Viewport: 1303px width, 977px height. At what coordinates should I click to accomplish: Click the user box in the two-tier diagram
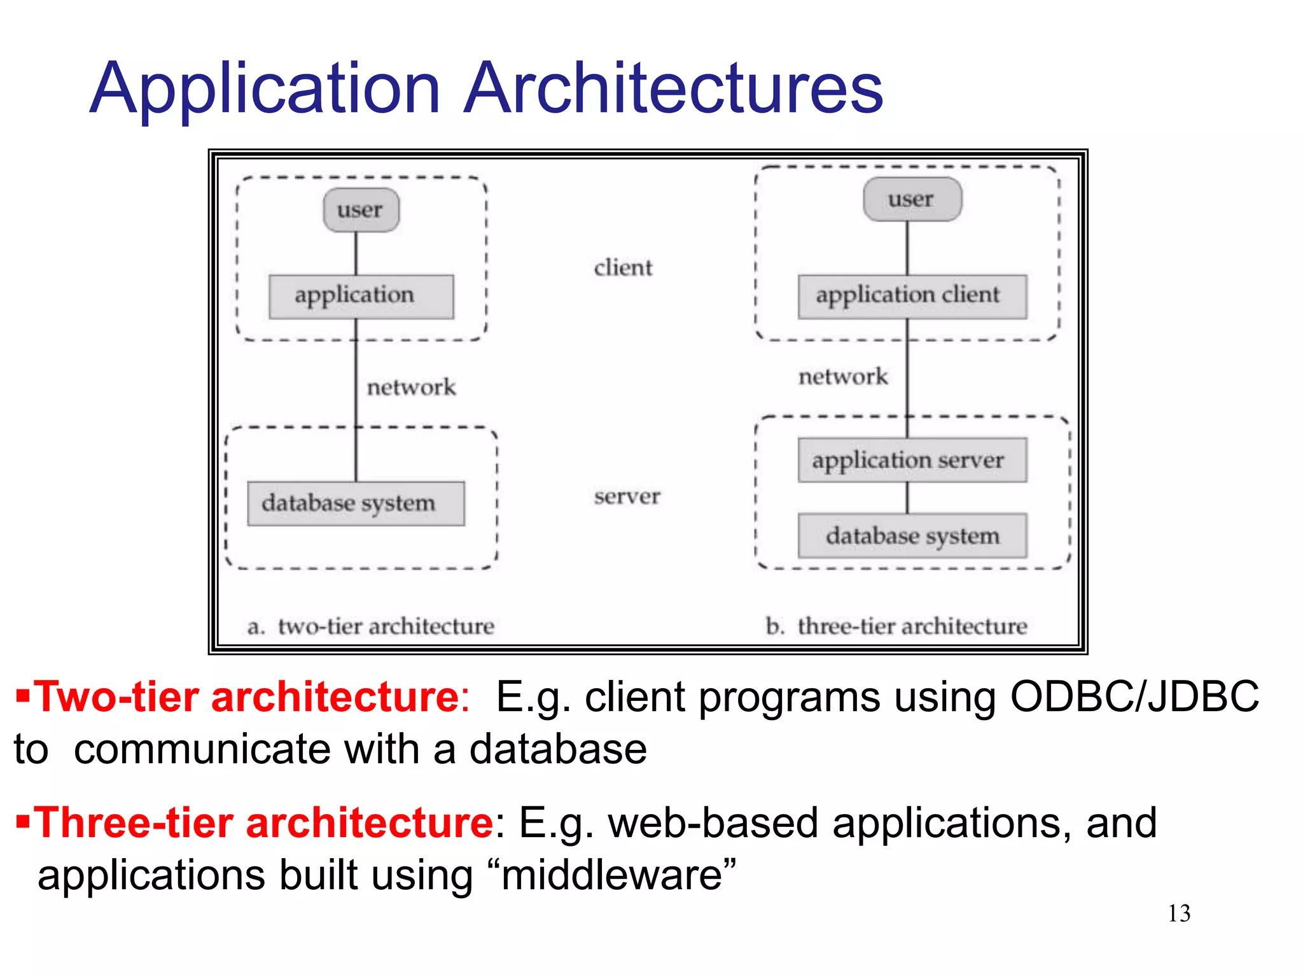click(x=361, y=210)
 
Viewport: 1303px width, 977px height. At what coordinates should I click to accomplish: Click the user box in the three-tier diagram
click(x=912, y=199)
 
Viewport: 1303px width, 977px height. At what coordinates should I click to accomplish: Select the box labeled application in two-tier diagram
click(x=361, y=296)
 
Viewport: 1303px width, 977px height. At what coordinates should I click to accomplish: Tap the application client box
click(x=912, y=296)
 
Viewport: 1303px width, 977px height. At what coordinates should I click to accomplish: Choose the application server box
click(x=912, y=460)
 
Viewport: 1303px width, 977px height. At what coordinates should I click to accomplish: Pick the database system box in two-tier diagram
click(x=356, y=503)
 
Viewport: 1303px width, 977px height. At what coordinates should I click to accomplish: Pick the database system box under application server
click(x=912, y=536)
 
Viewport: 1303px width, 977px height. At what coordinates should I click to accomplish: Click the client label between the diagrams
click(x=623, y=268)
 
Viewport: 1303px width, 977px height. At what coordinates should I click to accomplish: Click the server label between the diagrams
click(x=627, y=496)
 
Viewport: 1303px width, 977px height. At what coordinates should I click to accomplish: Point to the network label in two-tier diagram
click(x=411, y=387)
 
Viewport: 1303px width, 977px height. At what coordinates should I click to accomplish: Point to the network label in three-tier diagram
click(x=842, y=377)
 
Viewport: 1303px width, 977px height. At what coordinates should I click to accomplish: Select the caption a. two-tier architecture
click(x=371, y=627)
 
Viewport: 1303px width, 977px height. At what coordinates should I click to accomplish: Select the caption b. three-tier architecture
click(x=896, y=627)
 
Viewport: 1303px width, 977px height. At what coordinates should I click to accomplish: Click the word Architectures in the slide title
click(x=673, y=89)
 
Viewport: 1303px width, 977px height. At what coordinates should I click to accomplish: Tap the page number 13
click(x=1178, y=913)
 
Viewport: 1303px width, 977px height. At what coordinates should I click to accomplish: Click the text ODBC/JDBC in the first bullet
click(x=1134, y=697)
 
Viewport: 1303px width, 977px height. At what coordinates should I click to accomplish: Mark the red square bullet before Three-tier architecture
click(x=23, y=821)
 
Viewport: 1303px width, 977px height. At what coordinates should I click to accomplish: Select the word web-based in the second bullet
click(x=713, y=823)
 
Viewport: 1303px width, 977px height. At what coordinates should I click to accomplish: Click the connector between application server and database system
click(x=907, y=497)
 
